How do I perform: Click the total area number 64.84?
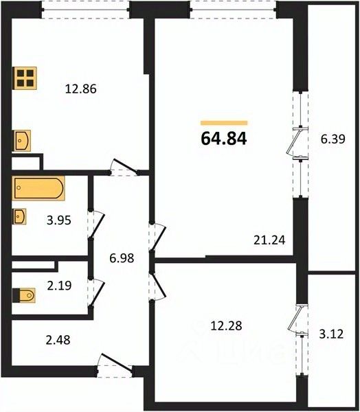[224, 139]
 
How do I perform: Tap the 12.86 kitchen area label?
[81, 89]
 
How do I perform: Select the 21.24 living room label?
[269, 240]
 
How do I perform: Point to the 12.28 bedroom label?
[226, 325]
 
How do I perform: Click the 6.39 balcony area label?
[333, 139]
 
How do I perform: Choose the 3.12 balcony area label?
[331, 334]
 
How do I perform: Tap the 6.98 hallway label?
[122, 258]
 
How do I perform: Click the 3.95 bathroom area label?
[59, 220]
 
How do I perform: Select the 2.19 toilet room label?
[59, 286]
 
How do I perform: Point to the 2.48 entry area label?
[58, 340]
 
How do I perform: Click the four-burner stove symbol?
[25, 78]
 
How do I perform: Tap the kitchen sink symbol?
[22, 141]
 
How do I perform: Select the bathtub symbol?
[38, 188]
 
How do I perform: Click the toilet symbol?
[23, 295]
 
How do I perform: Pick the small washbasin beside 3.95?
[19, 216]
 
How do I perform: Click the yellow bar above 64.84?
[224, 123]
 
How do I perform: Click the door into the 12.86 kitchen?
[124, 168]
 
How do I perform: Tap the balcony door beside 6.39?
[297, 143]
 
